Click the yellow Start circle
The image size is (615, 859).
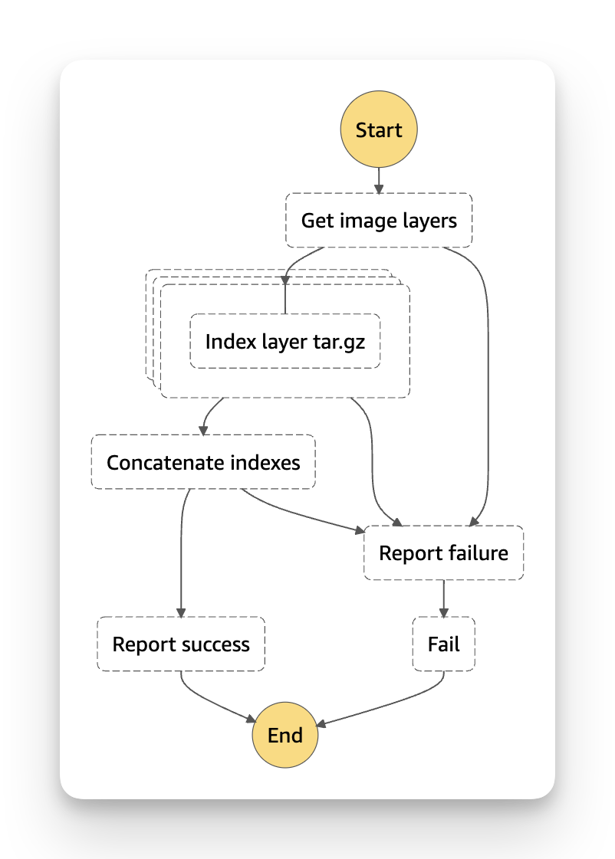point(379,130)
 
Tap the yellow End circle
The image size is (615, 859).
point(285,736)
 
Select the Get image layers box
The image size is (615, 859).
point(379,221)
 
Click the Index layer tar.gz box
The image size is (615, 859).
point(285,341)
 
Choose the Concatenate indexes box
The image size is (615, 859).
point(203,462)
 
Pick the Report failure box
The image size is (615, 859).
point(444,552)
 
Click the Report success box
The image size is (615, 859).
point(181,644)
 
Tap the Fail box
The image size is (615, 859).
point(444,644)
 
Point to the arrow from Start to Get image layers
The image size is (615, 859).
point(379,180)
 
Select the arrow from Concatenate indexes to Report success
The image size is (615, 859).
point(181,552)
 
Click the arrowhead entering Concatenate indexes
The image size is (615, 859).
point(204,429)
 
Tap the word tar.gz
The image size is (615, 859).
point(338,341)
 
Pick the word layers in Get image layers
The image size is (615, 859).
point(429,221)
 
